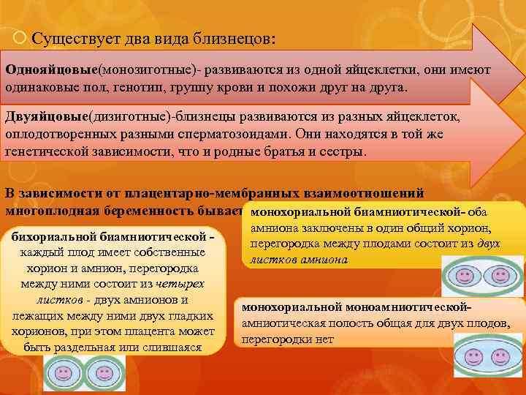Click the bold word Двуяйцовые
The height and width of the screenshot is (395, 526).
coord(46,117)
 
